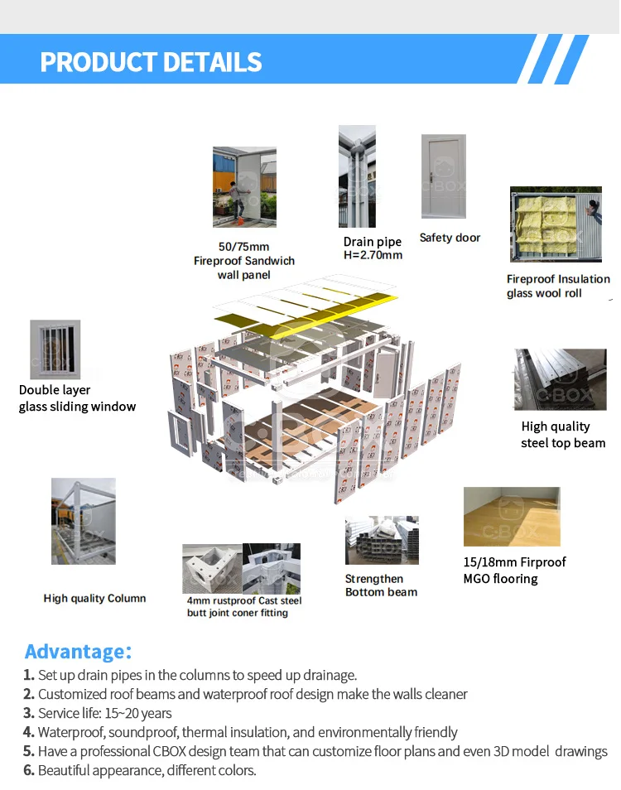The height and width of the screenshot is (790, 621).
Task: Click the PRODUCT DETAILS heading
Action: click(x=151, y=61)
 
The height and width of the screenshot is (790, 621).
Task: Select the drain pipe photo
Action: click(x=357, y=176)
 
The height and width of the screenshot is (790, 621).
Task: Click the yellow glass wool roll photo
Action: click(x=556, y=225)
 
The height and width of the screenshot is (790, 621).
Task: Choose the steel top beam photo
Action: click(x=560, y=378)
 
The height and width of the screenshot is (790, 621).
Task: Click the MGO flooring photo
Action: click(x=512, y=517)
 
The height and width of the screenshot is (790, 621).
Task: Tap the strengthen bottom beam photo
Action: click(x=382, y=540)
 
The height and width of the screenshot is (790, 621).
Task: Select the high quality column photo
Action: click(x=83, y=521)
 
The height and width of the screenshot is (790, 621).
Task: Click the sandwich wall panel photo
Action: click(x=244, y=187)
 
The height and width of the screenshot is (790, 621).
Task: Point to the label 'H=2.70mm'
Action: click(x=373, y=255)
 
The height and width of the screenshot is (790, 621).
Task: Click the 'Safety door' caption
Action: click(x=450, y=238)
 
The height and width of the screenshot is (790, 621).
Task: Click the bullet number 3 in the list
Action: click(x=29, y=713)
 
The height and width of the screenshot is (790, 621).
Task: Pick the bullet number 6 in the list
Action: click(x=29, y=770)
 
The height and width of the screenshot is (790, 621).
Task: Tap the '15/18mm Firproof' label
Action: click(x=514, y=562)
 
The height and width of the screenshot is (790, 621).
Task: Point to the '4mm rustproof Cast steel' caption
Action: click(x=244, y=600)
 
